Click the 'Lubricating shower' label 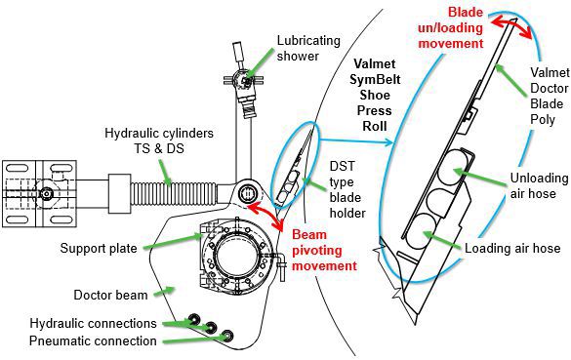tap(308, 48)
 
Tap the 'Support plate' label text tap(99, 248)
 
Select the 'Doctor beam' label tap(110, 295)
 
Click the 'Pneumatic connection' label tap(93, 341)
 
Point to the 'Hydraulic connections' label tap(94, 323)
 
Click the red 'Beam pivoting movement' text tap(324, 250)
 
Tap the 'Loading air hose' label tap(512, 248)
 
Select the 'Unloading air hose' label tap(539, 185)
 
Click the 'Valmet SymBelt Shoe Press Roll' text tap(375, 95)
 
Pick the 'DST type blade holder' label tap(347, 189)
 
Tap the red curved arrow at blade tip tap(510, 24)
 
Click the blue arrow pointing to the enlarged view tap(356, 140)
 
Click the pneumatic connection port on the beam tap(227, 336)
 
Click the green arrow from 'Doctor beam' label tap(164, 291)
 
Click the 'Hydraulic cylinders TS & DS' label tap(159, 140)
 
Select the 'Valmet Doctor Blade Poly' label tap(550, 96)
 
